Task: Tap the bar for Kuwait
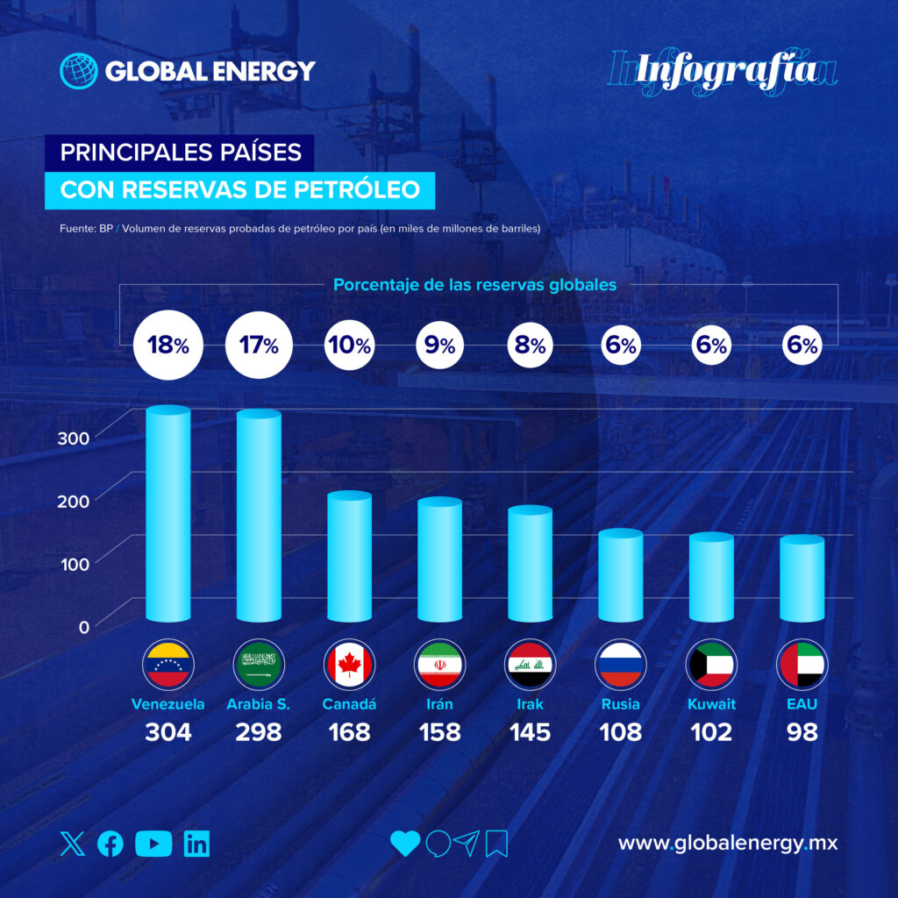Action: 710,579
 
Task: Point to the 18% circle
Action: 167,346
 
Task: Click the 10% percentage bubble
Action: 349,346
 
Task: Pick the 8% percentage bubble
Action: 530,346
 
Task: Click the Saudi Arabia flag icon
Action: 258,665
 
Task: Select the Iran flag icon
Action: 439,665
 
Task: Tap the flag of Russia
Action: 620,665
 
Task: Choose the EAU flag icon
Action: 801,665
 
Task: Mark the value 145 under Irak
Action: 530,731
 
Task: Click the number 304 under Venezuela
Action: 167,731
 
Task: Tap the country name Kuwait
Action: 710,703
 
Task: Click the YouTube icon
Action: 154,844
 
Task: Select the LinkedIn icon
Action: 197,844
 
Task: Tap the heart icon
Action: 405,844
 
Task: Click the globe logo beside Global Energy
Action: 78,71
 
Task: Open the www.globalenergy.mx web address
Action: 728,844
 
